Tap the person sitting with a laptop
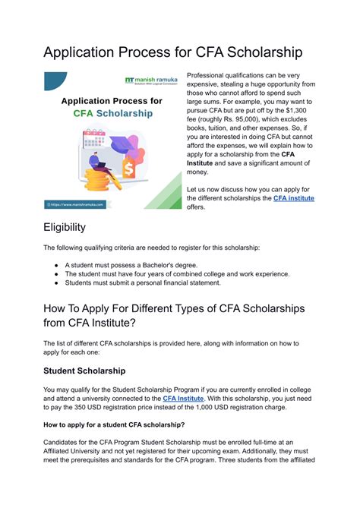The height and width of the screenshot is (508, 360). point(96,163)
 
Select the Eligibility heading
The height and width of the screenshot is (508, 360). point(65,227)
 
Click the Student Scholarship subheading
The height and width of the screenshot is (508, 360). point(84,371)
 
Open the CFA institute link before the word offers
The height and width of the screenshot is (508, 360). point(293,198)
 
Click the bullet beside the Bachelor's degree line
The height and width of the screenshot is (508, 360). point(58,264)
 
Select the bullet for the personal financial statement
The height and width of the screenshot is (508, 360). point(58,283)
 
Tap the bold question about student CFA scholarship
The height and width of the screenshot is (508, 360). point(114,424)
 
